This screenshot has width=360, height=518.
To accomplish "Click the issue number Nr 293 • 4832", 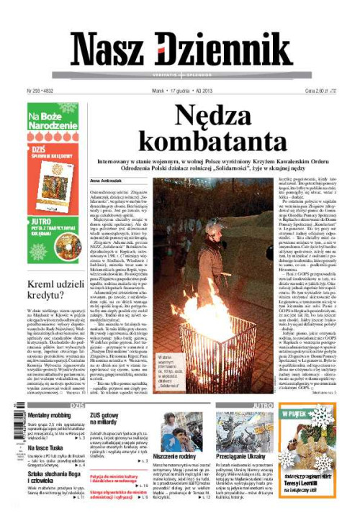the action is pyautogui.click(x=42, y=91).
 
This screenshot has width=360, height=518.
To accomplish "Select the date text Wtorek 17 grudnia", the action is pyautogui.click(x=170, y=91).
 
